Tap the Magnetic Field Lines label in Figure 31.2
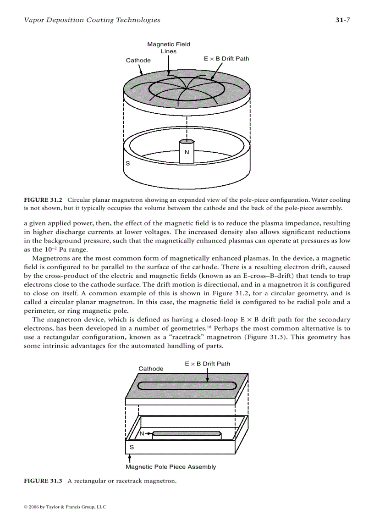point(168,48)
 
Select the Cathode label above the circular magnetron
point(138,61)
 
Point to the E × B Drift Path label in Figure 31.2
point(226,59)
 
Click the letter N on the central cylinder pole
point(187,152)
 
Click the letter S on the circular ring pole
point(127,163)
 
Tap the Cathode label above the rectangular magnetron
point(151,369)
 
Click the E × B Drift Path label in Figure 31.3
point(208,364)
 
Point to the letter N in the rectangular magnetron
point(142,433)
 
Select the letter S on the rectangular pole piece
point(132,447)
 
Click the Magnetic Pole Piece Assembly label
point(170,467)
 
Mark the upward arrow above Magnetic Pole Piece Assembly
point(130,458)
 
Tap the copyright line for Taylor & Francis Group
point(64,507)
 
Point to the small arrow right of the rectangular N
point(148,433)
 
